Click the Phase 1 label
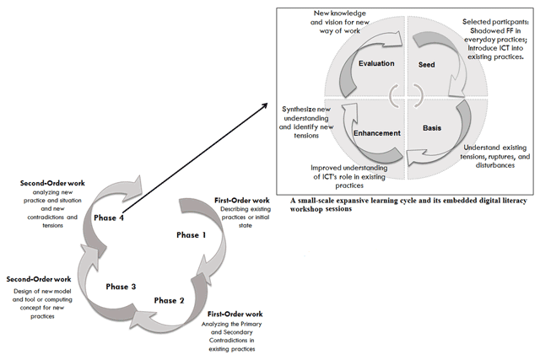tap(192, 235)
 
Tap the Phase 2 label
tap(169, 300)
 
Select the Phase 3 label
tap(121, 287)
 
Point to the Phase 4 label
tap(109, 218)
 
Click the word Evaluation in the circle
tap(376, 63)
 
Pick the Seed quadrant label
tap(426, 64)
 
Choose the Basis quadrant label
tap(432, 128)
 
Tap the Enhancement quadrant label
tap(377, 133)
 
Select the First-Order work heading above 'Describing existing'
tap(242, 201)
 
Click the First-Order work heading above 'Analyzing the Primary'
tap(235, 314)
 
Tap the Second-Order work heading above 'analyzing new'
tap(52, 183)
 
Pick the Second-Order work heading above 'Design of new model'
tap(39, 279)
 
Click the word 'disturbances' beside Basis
tap(495, 165)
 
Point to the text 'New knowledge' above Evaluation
tap(339, 13)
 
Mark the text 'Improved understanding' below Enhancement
tap(348, 168)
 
